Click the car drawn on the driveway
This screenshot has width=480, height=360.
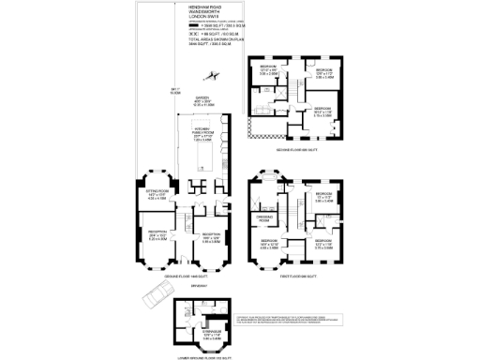pos(156,299)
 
